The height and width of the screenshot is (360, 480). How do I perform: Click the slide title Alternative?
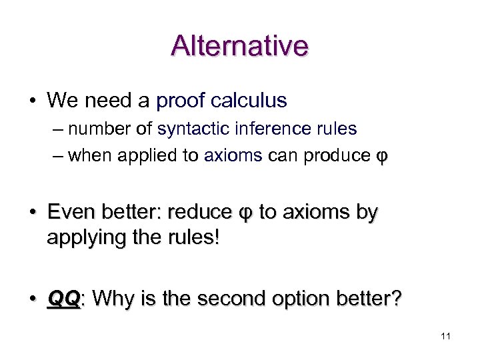(x=239, y=45)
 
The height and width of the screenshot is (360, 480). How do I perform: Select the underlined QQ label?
(x=64, y=299)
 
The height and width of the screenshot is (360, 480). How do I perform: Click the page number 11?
(x=445, y=337)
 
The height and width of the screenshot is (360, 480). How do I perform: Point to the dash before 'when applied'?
(x=57, y=156)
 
